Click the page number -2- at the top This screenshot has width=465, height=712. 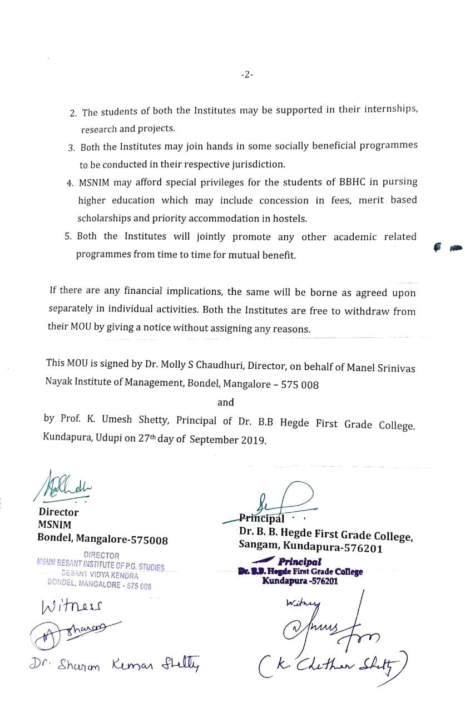click(247, 74)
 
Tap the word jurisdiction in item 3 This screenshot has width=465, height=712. click(254, 164)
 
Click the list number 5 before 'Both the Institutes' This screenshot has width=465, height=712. click(68, 236)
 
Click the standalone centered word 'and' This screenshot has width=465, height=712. click(225, 402)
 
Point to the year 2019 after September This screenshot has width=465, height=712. click(254, 439)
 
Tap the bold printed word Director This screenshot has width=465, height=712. click(58, 512)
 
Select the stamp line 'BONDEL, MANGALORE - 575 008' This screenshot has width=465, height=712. click(100, 585)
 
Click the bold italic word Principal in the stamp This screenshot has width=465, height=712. click(300, 562)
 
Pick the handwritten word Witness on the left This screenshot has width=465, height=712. click(72, 605)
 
